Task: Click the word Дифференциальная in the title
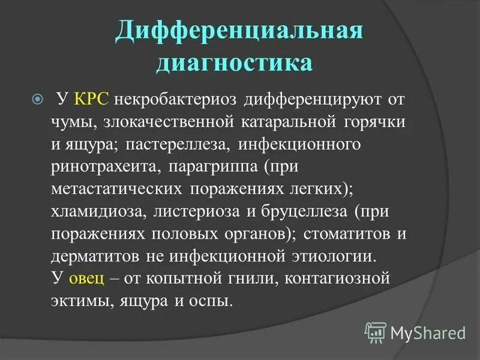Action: point(238,32)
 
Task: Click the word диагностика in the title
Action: point(234,63)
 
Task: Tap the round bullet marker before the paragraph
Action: point(37,98)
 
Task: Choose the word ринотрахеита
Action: point(106,167)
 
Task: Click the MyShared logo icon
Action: point(376,331)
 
